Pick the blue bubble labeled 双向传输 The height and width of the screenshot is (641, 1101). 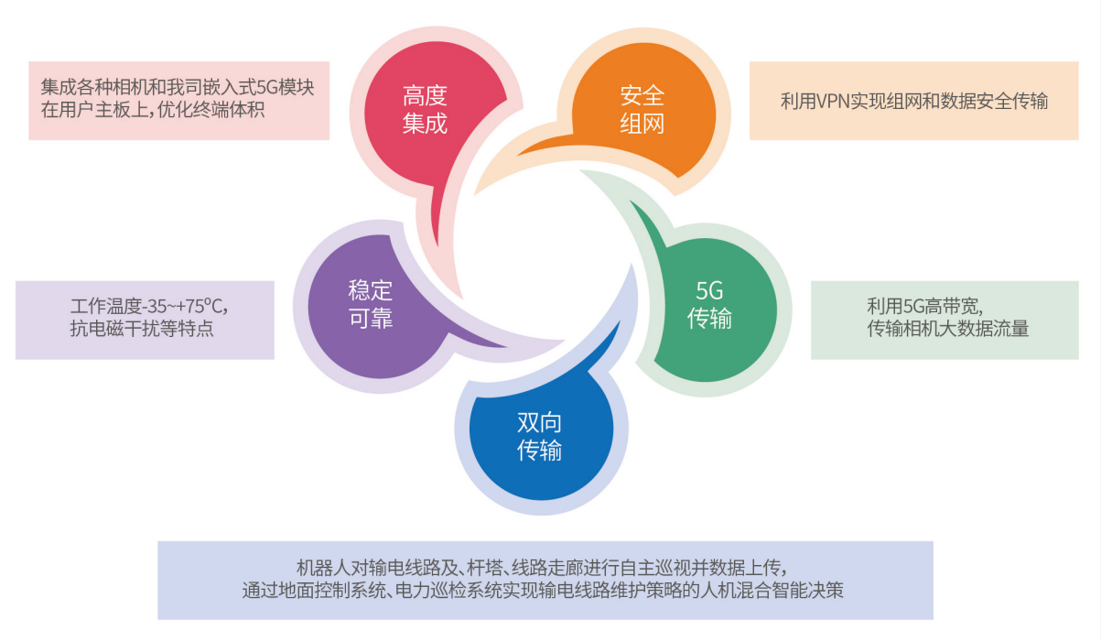[x=541, y=433]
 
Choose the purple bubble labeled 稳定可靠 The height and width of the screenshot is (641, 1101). [x=373, y=305]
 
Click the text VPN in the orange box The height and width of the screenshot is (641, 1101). [x=833, y=102]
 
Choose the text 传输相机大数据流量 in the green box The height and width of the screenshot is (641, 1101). [x=948, y=328]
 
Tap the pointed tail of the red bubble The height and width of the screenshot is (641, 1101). [x=437, y=243]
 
